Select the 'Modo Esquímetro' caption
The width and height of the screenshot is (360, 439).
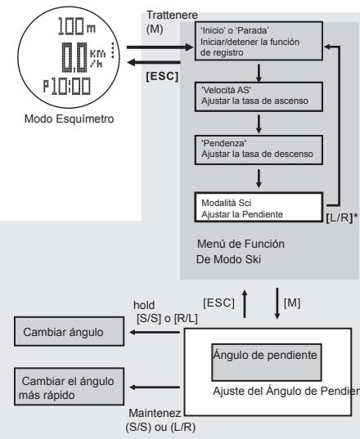57,138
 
